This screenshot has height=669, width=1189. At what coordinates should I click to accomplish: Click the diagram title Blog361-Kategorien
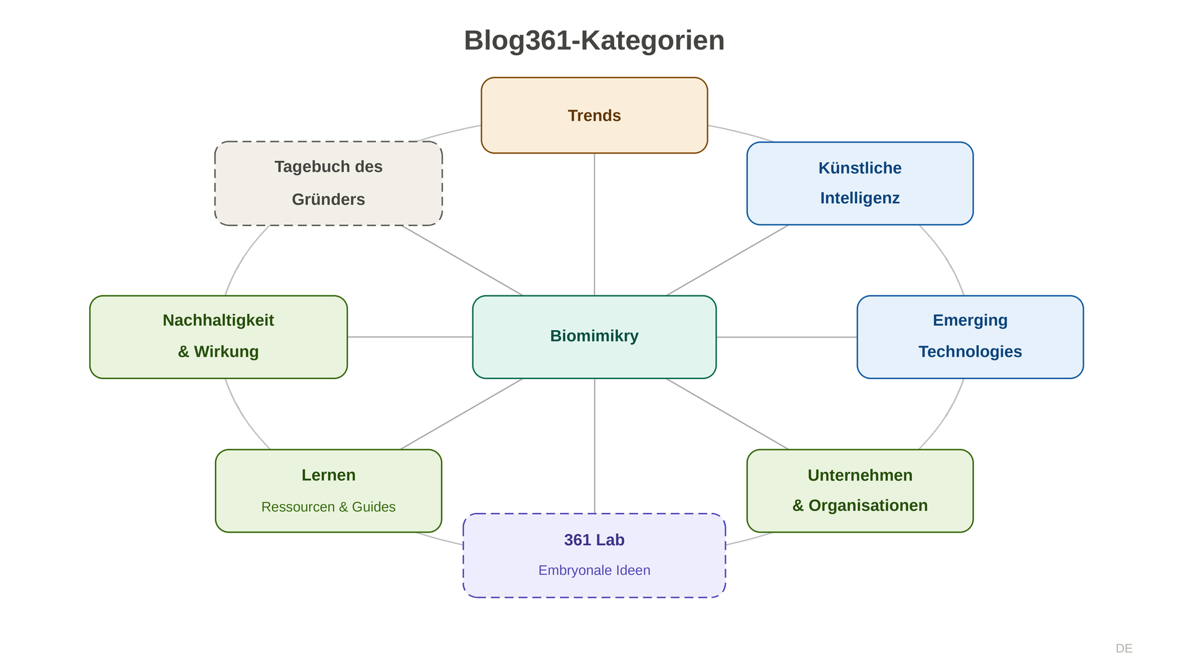click(x=594, y=41)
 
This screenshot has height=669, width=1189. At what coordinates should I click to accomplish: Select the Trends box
click(x=594, y=115)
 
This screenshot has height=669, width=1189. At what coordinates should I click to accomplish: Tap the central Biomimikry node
click(x=594, y=336)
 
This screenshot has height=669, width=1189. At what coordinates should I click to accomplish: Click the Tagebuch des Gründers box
click(x=328, y=183)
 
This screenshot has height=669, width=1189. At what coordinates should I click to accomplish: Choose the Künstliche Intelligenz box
click(x=860, y=183)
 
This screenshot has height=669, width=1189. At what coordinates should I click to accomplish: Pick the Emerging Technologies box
click(x=970, y=336)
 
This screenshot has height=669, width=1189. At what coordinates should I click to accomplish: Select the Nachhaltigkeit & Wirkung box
click(x=218, y=336)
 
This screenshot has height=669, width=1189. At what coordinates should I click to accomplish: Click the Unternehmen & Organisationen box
click(x=860, y=491)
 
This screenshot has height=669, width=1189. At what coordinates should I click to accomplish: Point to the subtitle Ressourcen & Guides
click(x=328, y=507)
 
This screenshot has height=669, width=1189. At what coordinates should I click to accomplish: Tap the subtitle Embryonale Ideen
click(x=594, y=570)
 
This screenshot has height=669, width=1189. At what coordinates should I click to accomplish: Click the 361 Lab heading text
click(x=594, y=540)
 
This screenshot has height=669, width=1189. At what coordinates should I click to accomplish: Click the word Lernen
click(x=328, y=475)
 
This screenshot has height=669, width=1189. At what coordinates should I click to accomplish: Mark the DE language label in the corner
click(x=1124, y=649)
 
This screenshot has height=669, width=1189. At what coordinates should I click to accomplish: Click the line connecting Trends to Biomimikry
click(x=594, y=223)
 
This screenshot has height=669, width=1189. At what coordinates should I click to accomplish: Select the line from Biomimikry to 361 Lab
click(x=594, y=446)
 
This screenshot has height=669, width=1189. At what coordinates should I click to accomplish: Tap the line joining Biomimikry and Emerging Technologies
click(x=786, y=337)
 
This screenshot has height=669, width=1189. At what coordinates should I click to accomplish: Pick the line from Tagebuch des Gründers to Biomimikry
click(x=461, y=260)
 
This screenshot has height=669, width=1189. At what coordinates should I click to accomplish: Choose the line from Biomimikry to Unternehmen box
click(x=728, y=414)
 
